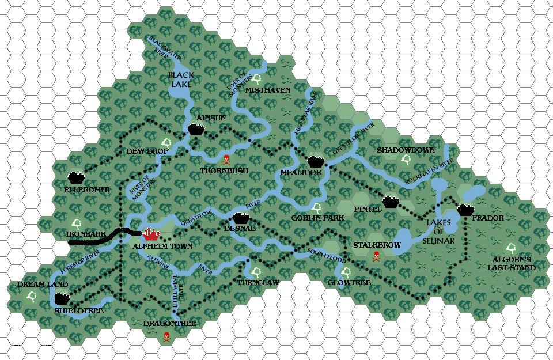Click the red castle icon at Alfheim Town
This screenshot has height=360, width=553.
pyautogui.click(x=151, y=233)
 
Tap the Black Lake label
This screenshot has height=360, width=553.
pyautogui.click(x=180, y=79)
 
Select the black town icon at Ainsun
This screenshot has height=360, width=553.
pyautogui.click(x=196, y=130)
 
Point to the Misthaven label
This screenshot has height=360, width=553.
pyautogui.click(x=267, y=90)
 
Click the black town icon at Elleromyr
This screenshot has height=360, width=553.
pyautogui.click(x=76, y=177)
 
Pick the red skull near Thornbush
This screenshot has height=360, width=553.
pyautogui.click(x=226, y=159)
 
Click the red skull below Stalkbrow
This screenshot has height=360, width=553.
pyautogui.click(x=376, y=256)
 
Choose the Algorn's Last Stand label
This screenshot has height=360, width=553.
pyautogui.click(x=511, y=263)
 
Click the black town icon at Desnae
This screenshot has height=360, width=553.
pyautogui.click(x=241, y=218)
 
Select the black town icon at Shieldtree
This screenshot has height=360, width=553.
pyautogui.click(x=62, y=299)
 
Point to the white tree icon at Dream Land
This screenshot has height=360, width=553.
pyautogui.click(x=31, y=297)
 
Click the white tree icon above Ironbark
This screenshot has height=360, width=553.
pyautogui.click(x=76, y=223)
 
